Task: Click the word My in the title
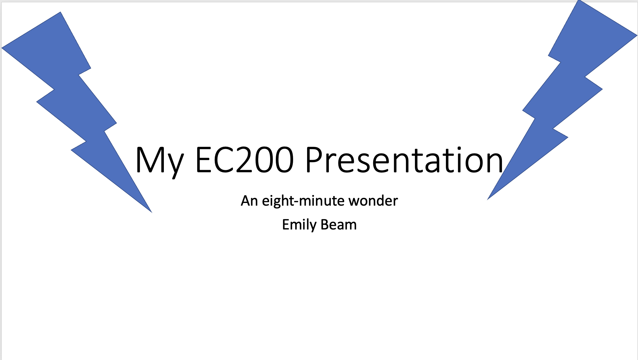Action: [159, 160]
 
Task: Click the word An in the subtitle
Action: [249, 201]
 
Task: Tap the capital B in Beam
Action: [325, 225]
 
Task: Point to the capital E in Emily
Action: [286, 225]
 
